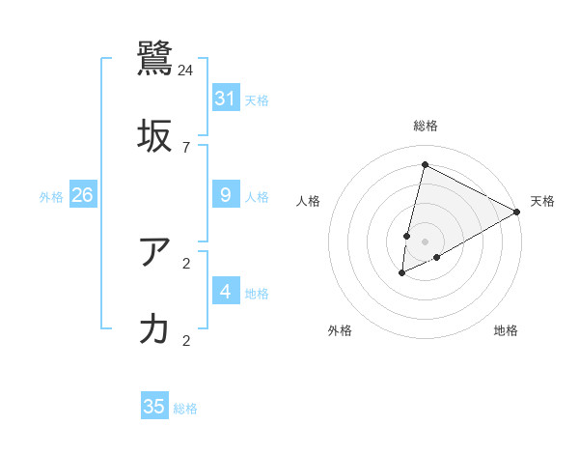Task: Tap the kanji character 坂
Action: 155,136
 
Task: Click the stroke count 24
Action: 186,70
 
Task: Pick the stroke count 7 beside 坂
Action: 186,147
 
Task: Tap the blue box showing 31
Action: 226,98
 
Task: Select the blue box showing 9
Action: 226,195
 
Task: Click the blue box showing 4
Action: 226,292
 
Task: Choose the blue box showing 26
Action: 82,195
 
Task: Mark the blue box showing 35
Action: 154,407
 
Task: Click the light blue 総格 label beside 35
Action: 185,409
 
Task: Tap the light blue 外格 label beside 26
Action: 51,197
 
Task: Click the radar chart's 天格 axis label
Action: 542,201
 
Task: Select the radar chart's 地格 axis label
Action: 506,330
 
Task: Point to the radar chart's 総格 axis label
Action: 425,126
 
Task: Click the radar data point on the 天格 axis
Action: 517,212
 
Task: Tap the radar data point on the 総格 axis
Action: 425,164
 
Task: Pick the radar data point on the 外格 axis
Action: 402,273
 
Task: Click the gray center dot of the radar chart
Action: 425,241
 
